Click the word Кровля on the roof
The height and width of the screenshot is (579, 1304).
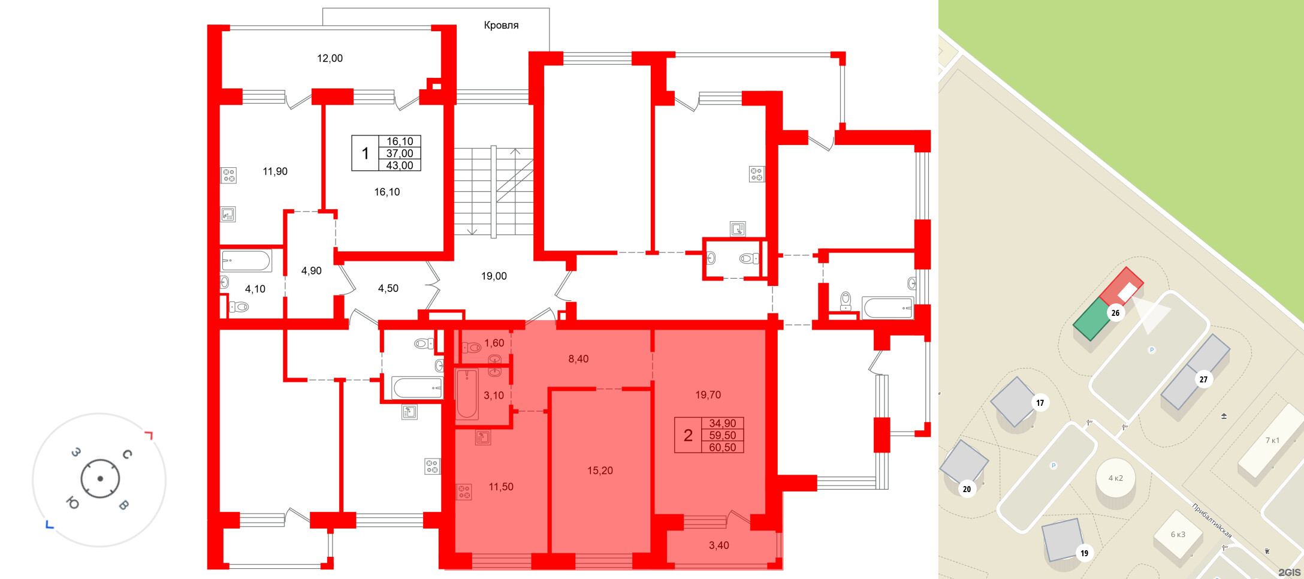(x=501, y=25)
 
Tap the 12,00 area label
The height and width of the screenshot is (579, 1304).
(x=330, y=58)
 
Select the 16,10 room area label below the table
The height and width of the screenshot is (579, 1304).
(x=387, y=192)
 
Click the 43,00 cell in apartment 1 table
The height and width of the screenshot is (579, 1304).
(x=400, y=165)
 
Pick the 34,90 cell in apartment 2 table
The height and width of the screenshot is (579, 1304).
(x=722, y=423)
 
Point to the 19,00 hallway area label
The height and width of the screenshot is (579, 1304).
(x=494, y=276)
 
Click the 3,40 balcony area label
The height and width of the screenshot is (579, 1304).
(x=719, y=545)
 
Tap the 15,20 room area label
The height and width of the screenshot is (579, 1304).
(x=600, y=471)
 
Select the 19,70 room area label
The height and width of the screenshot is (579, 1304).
(x=708, y=394)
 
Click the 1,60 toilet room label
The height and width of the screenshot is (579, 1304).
(x=494, y=343)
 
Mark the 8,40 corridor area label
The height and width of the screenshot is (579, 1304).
(x=578, y=358)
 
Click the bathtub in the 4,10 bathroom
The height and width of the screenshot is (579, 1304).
(x=246, y=261)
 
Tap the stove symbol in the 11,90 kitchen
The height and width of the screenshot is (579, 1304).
(x=229, y=175)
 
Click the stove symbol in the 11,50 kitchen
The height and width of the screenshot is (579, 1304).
(x=464, y=492)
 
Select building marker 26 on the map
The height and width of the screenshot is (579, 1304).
(x=1115, y=312)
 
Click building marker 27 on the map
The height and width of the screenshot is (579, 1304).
(x=1203, y=379)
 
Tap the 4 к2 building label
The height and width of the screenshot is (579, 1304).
(x=1115, y=478)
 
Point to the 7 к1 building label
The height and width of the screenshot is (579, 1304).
(x=1272, y=440)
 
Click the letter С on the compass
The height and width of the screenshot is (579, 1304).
(x=127, y=454)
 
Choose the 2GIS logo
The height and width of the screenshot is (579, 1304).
(x=1290, y=572)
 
